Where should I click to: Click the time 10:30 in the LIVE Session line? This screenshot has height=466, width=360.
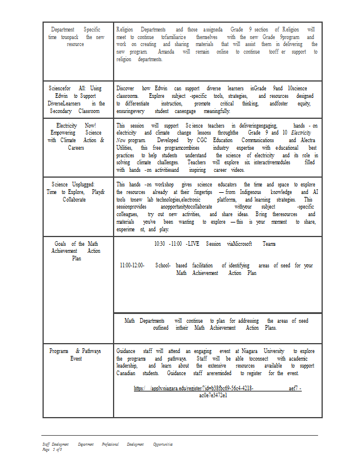tap(160, 244)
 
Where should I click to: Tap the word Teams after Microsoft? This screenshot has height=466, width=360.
tap(270, 244)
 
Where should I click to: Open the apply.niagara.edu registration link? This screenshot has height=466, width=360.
tap(217, 388)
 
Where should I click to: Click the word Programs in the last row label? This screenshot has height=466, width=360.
tap(59, 351)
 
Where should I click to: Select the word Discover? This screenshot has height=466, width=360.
tap(125, 88)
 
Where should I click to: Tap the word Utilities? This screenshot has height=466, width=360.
tap(125, 148)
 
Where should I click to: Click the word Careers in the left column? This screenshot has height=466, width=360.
tap(76, 147)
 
